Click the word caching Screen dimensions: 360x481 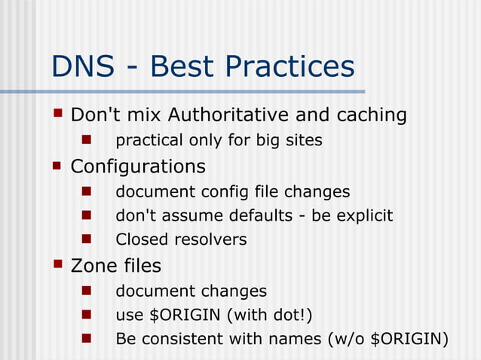[x=366, y=115]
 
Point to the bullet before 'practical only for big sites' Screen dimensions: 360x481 [x=86, y=139]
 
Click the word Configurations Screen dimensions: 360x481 [x=138, y=165]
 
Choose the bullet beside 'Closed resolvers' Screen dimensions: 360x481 [x=86, y=239]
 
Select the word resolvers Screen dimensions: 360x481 [x=210, y=240]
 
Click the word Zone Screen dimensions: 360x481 [x=94, y=266]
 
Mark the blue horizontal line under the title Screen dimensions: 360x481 [x=181, y=92]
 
